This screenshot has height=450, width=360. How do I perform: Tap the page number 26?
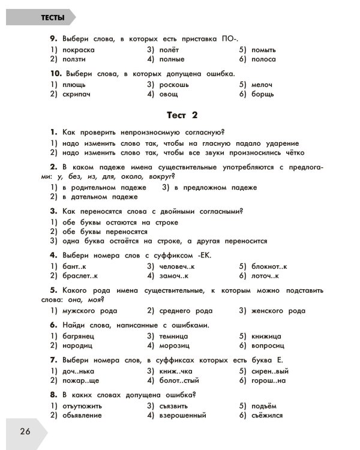(25, 431)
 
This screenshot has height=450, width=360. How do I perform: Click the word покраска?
(79, 50)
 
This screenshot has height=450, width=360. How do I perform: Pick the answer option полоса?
(264, 59)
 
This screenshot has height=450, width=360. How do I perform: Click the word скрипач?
(78, 94)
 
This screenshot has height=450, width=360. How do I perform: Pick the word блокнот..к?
(270, 266)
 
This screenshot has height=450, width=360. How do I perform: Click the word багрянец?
(79, 336)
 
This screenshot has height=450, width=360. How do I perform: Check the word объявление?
(85, 415)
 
